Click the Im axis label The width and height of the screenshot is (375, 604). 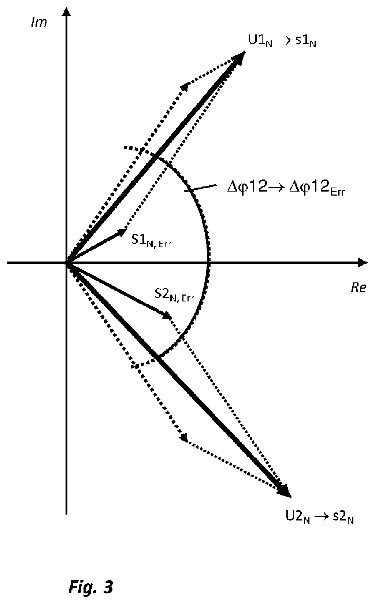click(39, 22)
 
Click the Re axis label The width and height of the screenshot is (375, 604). click(358, 288)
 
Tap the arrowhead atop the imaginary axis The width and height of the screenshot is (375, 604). click(66, 12)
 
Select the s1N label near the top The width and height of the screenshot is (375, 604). click(306, 41)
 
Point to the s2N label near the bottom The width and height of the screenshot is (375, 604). click(343, 517)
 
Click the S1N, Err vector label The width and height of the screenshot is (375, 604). click(151, 241)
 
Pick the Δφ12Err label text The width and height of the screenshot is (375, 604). click(317, 186)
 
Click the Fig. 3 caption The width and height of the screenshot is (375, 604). click(91, 587)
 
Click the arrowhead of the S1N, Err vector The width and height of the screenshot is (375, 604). click(122, 231)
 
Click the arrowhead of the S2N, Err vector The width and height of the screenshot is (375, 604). click(167, 315)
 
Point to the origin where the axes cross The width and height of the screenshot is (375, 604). click(66, 262)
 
